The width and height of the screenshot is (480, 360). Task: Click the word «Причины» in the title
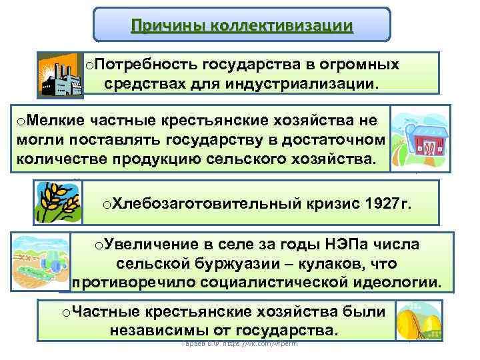click(x=167, y=26)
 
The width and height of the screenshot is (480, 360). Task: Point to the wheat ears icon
click(x=58, y=203)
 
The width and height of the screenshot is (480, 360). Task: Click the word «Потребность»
click(x=139, y=65)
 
